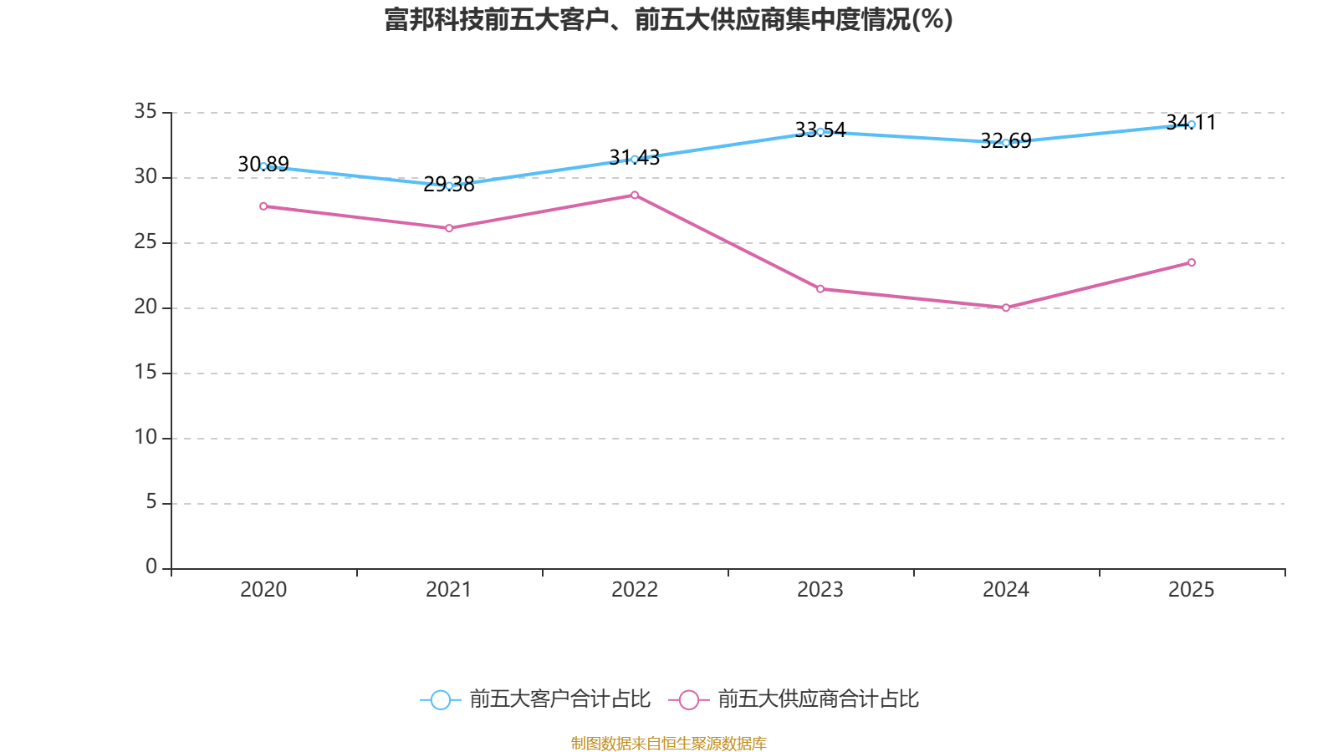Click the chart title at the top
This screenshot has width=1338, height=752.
pyautogui.click(x=668, y=19)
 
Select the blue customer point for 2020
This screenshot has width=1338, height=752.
pyautogui.click(x=263, y=166)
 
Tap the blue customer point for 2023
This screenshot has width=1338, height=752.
pyautogui.click(x=820, y=131)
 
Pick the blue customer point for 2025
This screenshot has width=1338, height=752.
pyautogui.click(x=1192, y=124)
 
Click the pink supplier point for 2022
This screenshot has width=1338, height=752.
pyautogui.click(x=635, y=195)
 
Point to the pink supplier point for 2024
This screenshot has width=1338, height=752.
pyautogui.click(x=1006, y=307)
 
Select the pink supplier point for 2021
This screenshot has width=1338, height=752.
pyautogui.click(x=449, y=228)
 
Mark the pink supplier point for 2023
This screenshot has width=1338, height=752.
pyautogui.click(x=820, y=289)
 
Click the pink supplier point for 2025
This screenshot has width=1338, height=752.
pyautogui.click(x=1192, y=262)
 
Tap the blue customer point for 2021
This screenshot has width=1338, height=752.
pyautogui.click(x=449, y=185)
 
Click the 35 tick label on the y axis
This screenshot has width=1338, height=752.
pyautogui.click(x=146, y=111)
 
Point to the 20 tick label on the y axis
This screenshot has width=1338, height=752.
pyautogui.click(x=146, y=307)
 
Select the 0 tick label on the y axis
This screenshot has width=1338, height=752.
pyautogui.click(x=151, y=567)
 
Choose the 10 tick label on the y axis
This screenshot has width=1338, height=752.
pyautogui.click(x=146, y=437)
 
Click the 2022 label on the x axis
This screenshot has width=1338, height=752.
pyautogui.click(x=635, y=590)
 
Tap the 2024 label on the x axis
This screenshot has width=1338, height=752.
pyautogui.click(x=1006, y=590)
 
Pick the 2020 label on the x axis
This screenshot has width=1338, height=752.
pyautogui.click(x=263, y=590)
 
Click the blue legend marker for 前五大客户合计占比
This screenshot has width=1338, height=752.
pyautogui.click(x=440, y=699)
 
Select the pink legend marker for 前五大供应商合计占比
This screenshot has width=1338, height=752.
pyautogui.click(x=688, y=699)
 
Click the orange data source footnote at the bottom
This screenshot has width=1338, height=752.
pyautogui.click(x=668, y=743)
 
